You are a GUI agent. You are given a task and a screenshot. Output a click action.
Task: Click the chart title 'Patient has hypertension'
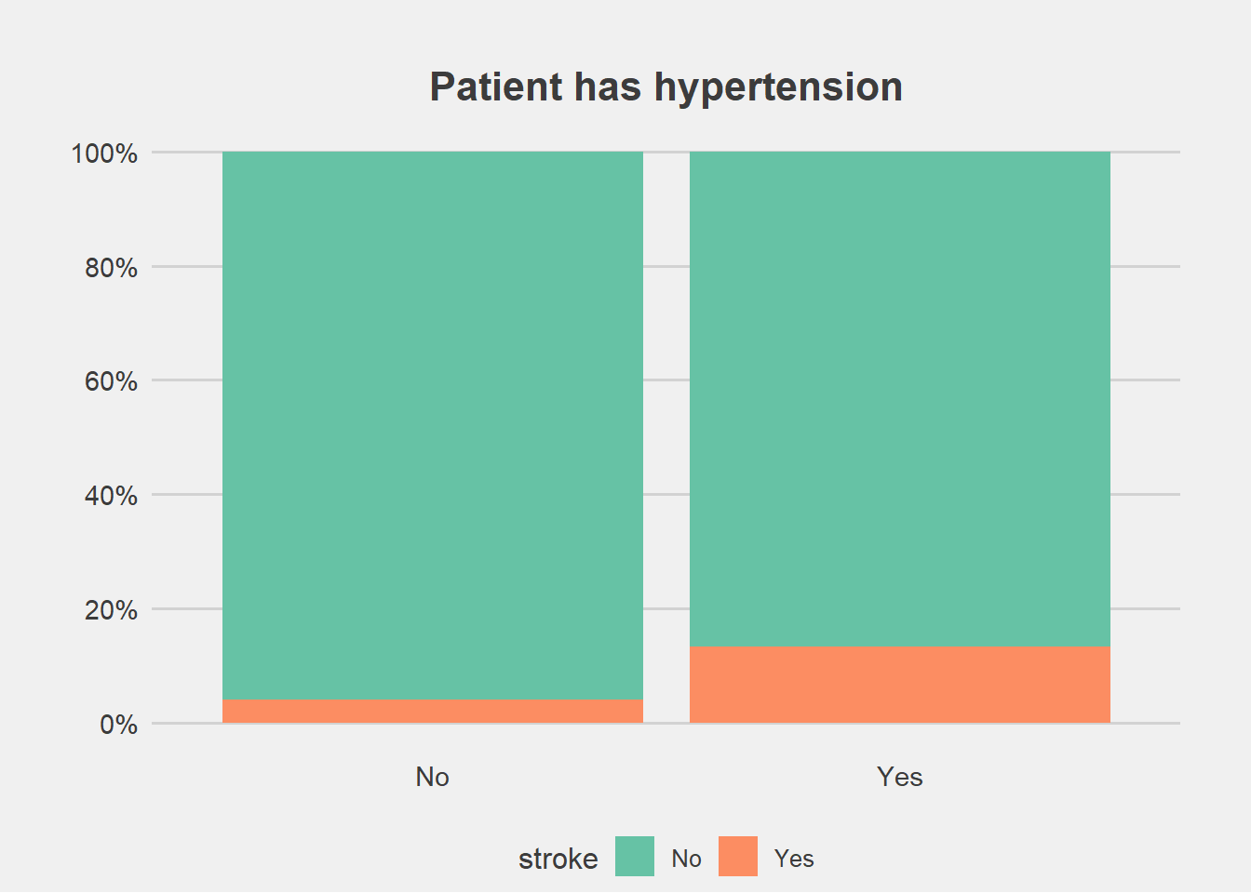pos(666,87)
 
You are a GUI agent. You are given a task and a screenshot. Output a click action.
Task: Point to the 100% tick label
pos(104,153)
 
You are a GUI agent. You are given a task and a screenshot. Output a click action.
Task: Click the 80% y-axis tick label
pos(111,268)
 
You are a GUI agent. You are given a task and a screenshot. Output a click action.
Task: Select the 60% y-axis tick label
pos(111,381)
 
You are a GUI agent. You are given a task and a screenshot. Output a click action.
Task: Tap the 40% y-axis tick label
pos(111,496)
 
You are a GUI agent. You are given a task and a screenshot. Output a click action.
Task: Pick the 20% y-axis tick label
pos(111,610)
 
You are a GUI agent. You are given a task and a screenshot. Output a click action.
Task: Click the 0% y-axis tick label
pos(118,725)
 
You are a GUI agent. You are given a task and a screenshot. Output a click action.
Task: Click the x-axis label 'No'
pos(432,777)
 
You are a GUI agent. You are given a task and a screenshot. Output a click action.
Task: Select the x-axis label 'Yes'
pos(900,777)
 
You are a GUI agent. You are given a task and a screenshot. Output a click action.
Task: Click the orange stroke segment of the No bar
pos(433,712)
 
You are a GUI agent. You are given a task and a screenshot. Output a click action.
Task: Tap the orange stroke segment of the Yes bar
pos(900,685)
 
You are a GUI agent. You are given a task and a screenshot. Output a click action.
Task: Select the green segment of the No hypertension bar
pos(433,426)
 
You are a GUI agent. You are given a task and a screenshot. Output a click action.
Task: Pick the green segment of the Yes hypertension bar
pos(900,399)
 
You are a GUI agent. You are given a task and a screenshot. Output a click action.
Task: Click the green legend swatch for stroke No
pos(635,856)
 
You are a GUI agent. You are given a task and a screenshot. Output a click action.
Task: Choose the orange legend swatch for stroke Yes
pos(738,856)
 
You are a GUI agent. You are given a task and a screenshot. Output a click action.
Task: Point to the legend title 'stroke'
pos(558,859)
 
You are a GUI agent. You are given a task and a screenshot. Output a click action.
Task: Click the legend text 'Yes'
pos(794,859)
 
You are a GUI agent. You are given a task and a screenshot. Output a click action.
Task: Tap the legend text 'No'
pos(686,859)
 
